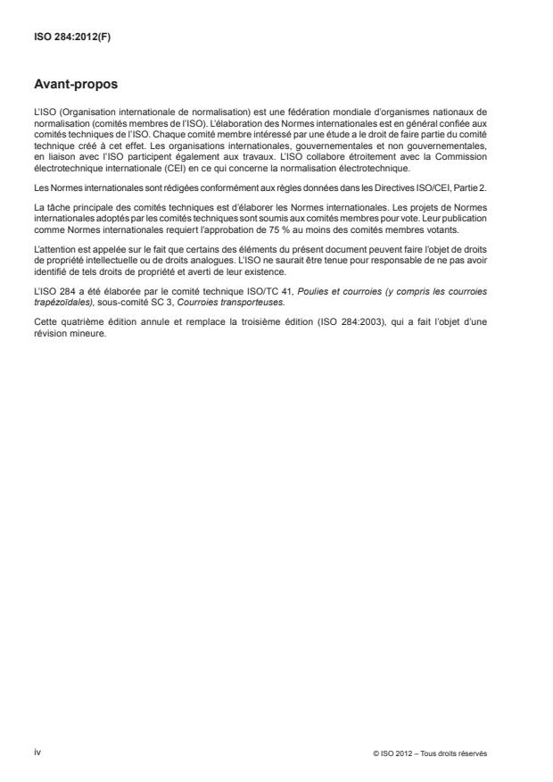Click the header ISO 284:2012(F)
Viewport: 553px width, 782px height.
click(65, 37)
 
